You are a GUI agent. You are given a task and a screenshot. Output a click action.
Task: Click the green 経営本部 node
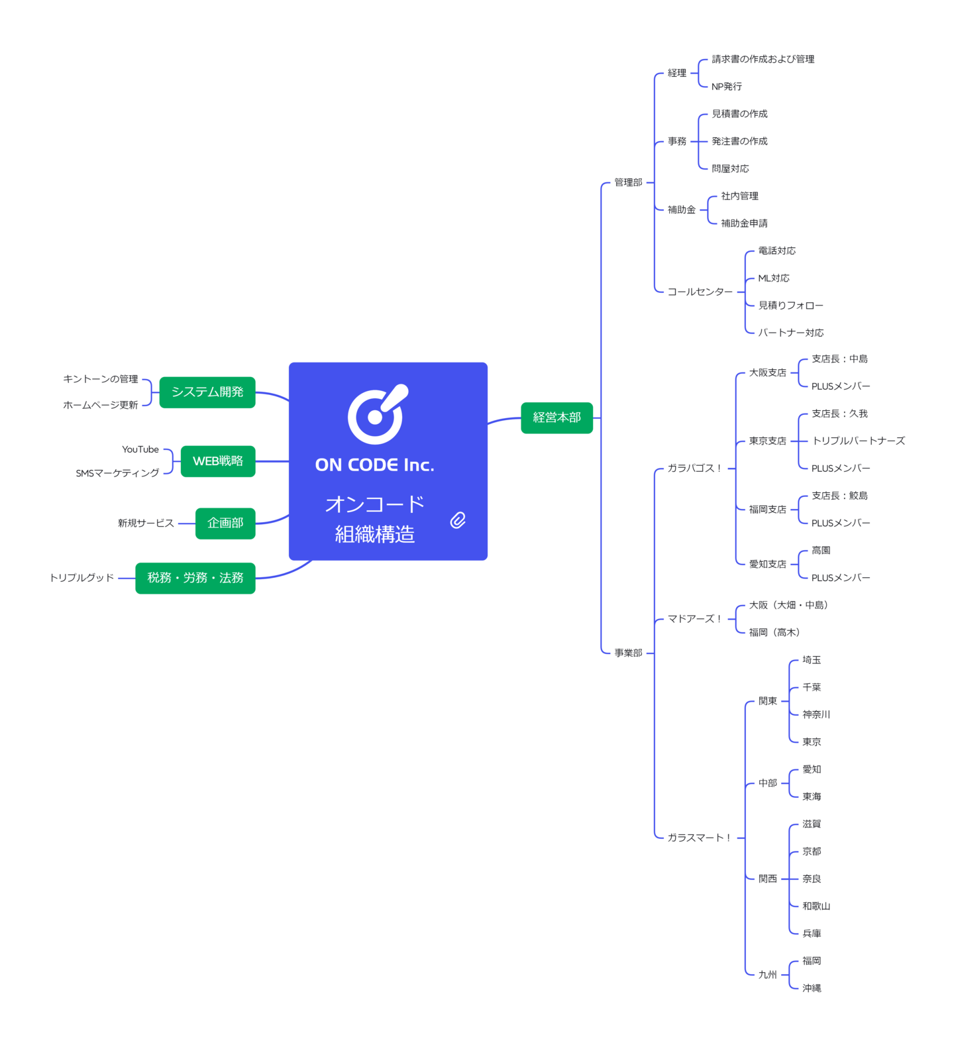coord(556,417)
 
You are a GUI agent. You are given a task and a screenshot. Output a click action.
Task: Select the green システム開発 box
coord(207,392)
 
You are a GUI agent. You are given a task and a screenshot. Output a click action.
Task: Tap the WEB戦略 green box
coord(218,461)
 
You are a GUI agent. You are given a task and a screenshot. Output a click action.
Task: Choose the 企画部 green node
coord(225,523)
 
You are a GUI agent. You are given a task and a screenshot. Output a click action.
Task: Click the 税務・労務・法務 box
coord(195,578)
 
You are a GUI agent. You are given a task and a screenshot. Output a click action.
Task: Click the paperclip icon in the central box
coord(458,520)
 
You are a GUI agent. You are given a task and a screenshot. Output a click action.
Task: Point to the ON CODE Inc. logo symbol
coord(378,414)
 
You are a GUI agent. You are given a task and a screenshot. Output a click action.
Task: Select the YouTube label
coord(140,449)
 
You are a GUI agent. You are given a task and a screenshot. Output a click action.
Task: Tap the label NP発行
coord(727,87)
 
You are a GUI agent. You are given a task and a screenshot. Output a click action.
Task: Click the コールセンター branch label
coord(700,292)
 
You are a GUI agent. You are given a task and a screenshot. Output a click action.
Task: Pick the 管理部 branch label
coord(628,182)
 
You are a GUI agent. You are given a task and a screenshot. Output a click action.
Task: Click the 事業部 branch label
coord(628,653)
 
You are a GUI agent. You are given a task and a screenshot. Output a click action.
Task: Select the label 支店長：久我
coord(839,414)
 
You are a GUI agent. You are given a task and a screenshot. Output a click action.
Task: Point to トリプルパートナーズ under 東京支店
coord(858,441)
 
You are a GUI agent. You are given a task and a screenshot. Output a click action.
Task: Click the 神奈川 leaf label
coord(816,714)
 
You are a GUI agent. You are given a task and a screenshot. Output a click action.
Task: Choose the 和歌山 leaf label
coord(816,906)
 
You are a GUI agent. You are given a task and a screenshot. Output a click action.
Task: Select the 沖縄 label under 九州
coord(812,988)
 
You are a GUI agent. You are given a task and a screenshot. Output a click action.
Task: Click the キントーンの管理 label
coord(101,379)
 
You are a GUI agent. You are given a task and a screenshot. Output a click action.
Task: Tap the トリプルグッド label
coord(82,578)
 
